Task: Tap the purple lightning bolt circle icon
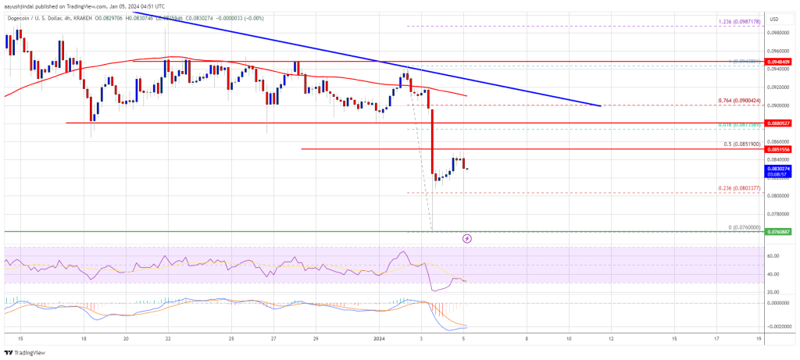pos(467,238)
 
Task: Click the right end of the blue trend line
pos(600,105)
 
